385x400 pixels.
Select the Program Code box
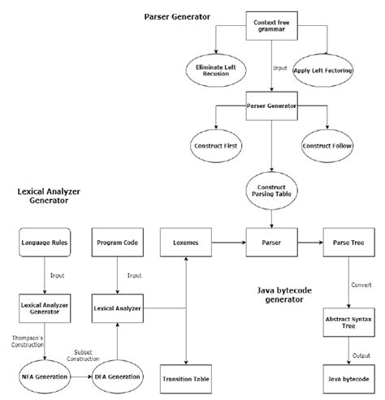click(x=119, y=243)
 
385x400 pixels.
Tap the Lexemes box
click(x=188, y=243)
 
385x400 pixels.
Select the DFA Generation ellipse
click(x=119, y=378)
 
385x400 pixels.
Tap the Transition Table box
click(x=188, y=378)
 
